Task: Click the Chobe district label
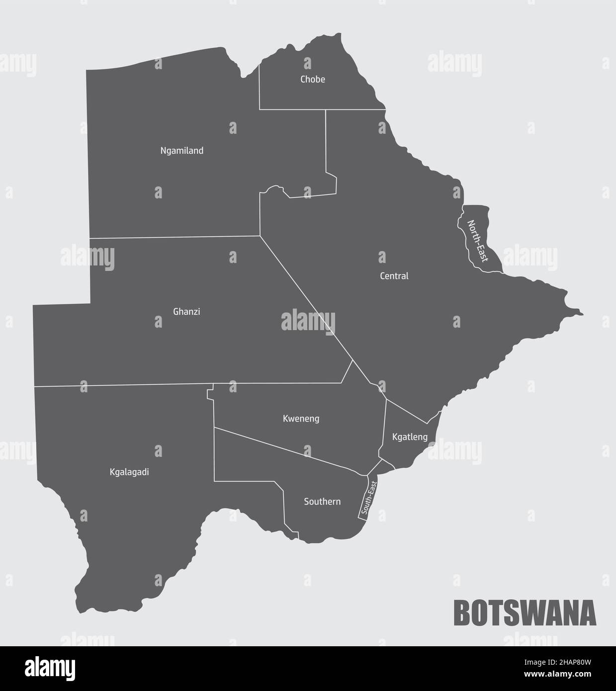click(312, 80)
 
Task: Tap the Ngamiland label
click(182, 151)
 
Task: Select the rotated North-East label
click(478, 241)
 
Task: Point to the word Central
click(394, 276)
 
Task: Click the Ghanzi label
click(186, 312)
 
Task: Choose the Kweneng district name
click(301, 419)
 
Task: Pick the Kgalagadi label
click(129, 472)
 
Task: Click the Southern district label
click(322, 502)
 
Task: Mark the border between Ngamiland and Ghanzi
click(174, 237)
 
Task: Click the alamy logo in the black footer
click(50, 668)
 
